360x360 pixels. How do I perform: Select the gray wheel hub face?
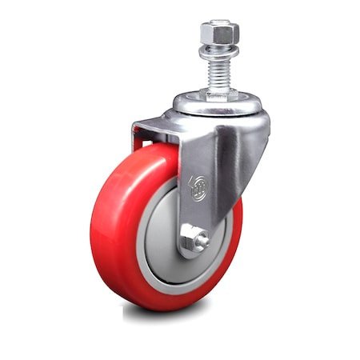pos(160,240)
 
